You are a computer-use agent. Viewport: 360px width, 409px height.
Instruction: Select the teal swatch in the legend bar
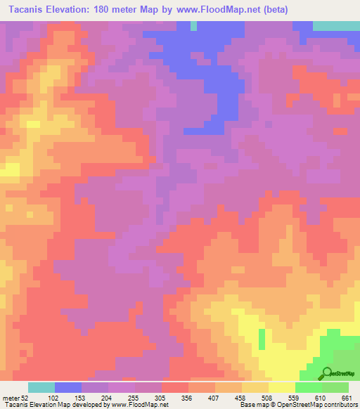coord(41,387)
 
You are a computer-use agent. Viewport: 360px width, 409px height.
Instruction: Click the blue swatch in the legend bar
coord(68,387)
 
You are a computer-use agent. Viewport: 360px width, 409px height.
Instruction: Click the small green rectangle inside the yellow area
coord(262,339)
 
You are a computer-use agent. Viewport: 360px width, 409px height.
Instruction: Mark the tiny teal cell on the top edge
coord(193,26)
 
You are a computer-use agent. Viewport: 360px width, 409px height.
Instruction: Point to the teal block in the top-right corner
coord(336,25)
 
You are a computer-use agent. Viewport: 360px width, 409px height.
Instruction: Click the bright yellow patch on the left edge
coord(9,171)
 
